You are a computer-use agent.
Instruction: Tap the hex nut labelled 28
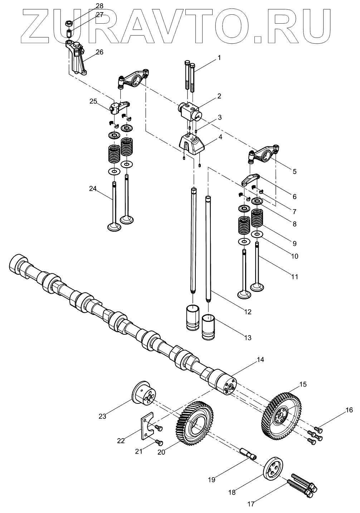(69, 24)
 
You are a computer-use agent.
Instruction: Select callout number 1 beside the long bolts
(219, 57)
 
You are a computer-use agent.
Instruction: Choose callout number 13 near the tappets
(248, 337)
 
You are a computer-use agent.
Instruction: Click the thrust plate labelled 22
(145, 426)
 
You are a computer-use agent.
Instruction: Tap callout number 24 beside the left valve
(93, 189)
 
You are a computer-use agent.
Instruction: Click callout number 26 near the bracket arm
(99, 52)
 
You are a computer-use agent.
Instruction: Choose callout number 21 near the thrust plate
(138, 451)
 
